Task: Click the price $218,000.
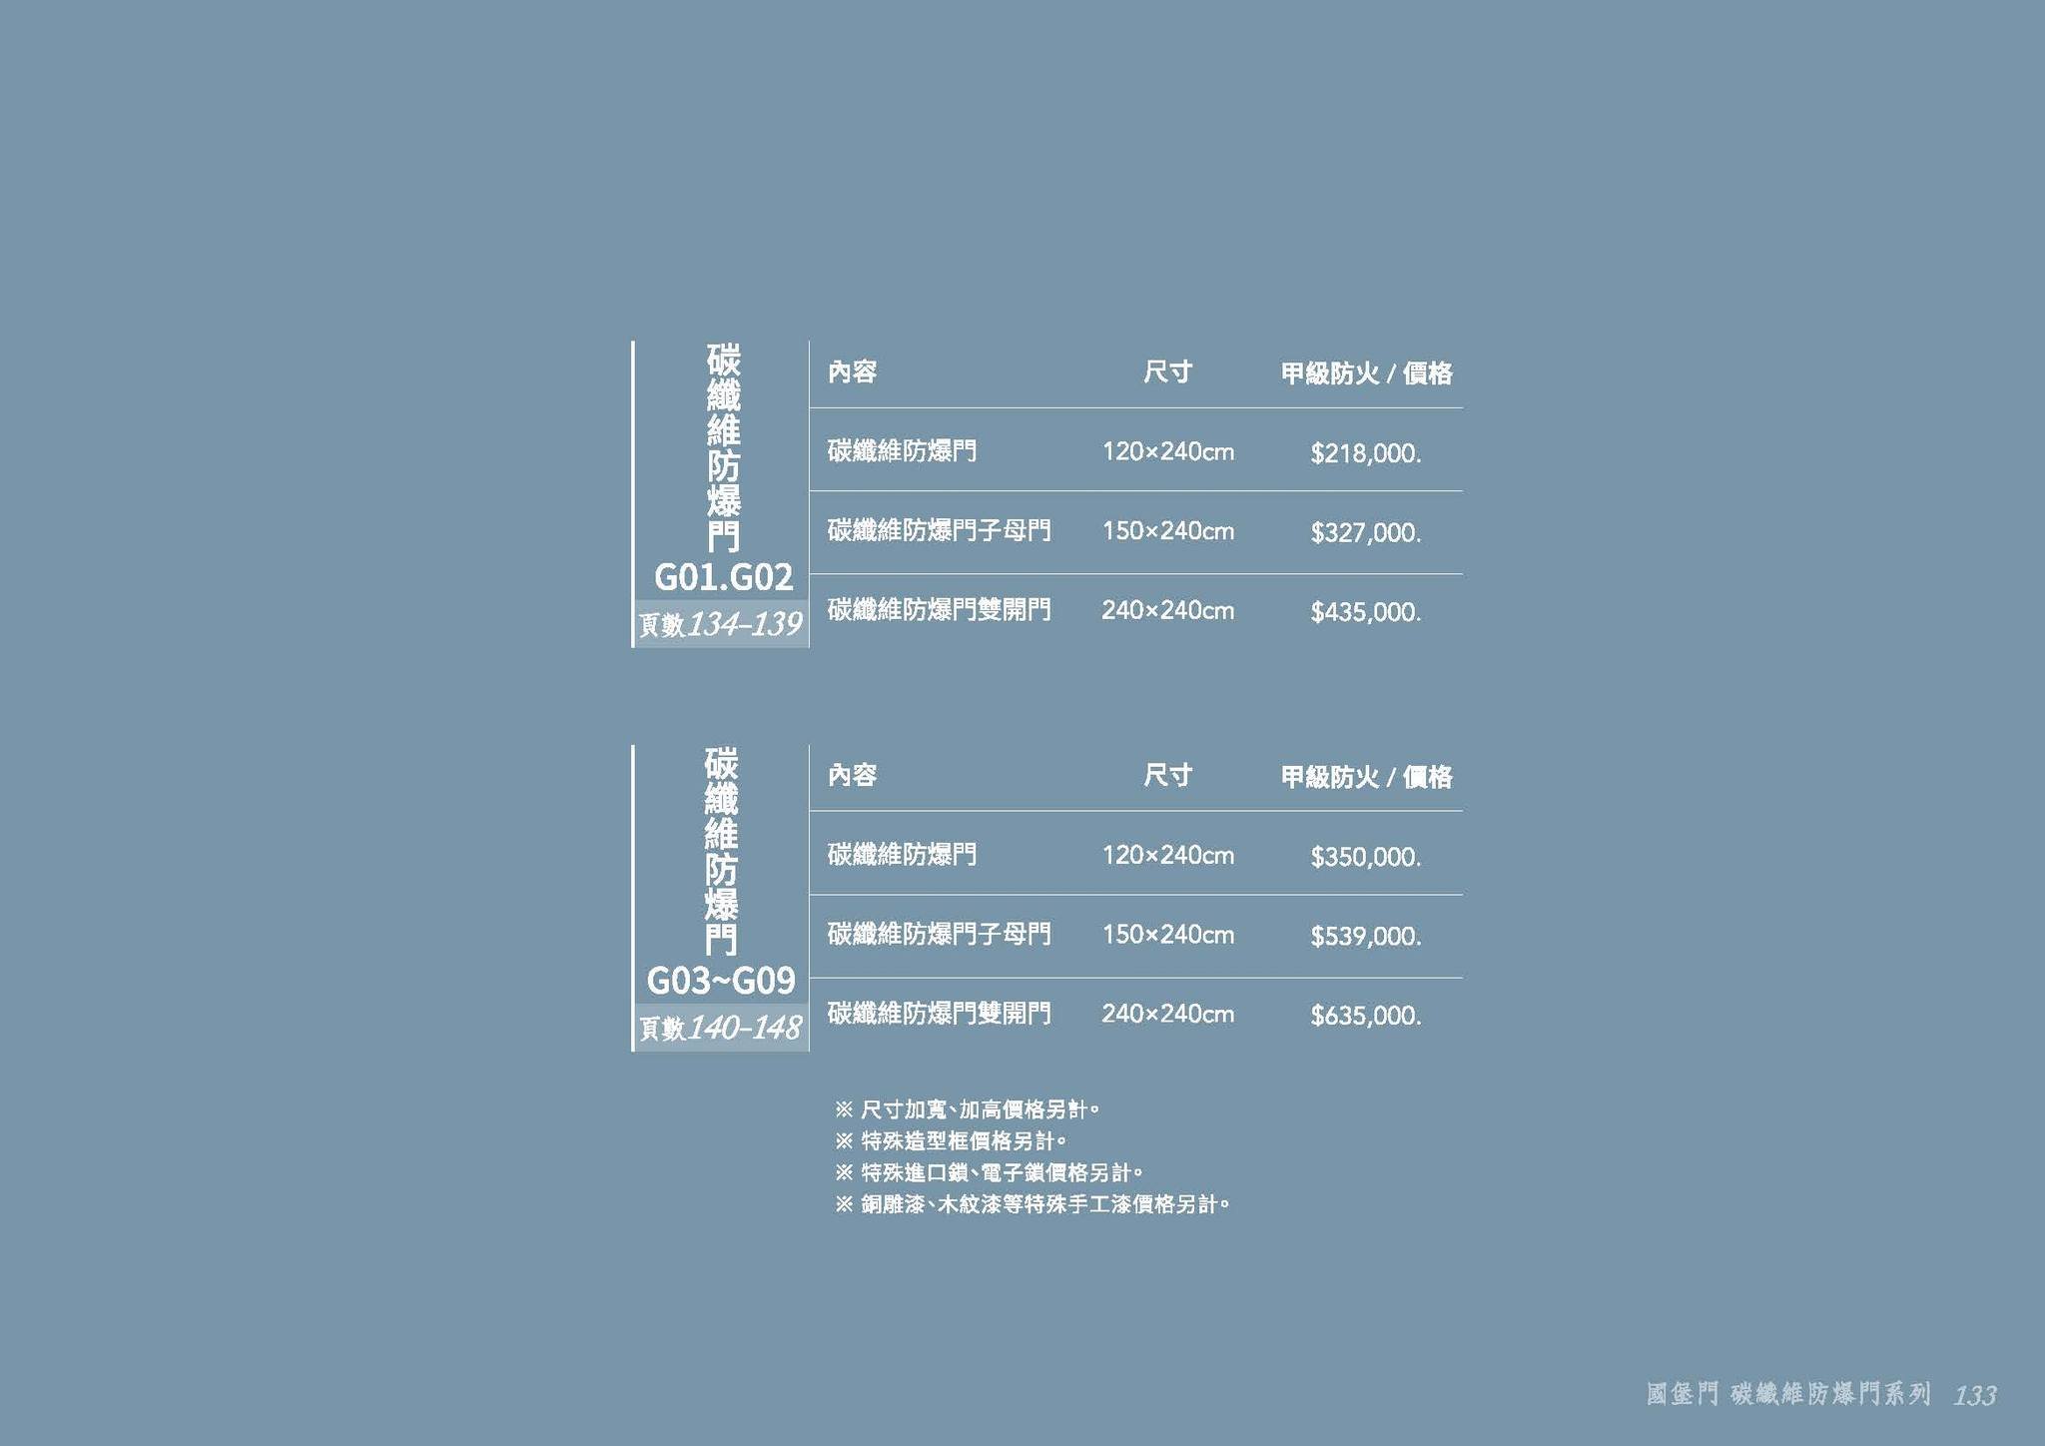[x=1365, y=453]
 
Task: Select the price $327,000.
[x=1365, y=532]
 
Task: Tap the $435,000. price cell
[x=1365, y=612]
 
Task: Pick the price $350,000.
[x=1365, y=857]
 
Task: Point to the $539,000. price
[x=1365, y=937]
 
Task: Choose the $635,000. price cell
[x=1365, y=1016]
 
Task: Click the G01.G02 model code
[x=723, y=577]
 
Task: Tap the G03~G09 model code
[x=721, y=981]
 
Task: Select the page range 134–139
[x=744, y=624]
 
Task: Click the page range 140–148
[x=744, y=1028]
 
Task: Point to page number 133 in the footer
[x=1975, y=1395]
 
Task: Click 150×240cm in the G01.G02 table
[x=1167, y=531]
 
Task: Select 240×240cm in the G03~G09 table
[x=1167, y=1015]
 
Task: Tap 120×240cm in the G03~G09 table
[x=1167, y=856]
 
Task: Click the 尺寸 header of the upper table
[x=1167, y=372]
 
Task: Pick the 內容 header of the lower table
[x=852, y=775]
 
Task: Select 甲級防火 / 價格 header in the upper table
[x=1366, y=373]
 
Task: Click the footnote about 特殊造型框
[x=951, y=1140]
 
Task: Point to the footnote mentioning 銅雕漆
[x=1031, y=1204]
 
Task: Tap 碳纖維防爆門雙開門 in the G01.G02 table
[x=939, y=610]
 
